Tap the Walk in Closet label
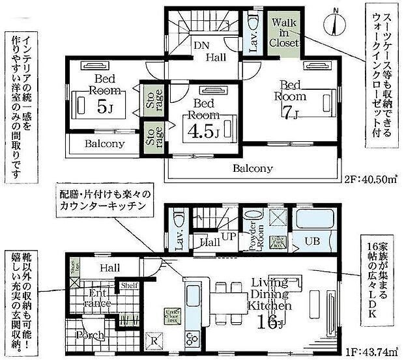click(x=285, y=33)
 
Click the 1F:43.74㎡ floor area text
click(x=373, y=351)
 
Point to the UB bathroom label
click(x=311, y=241)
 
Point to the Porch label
click(x=89, y=336)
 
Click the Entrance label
click(x=100, y=299)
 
